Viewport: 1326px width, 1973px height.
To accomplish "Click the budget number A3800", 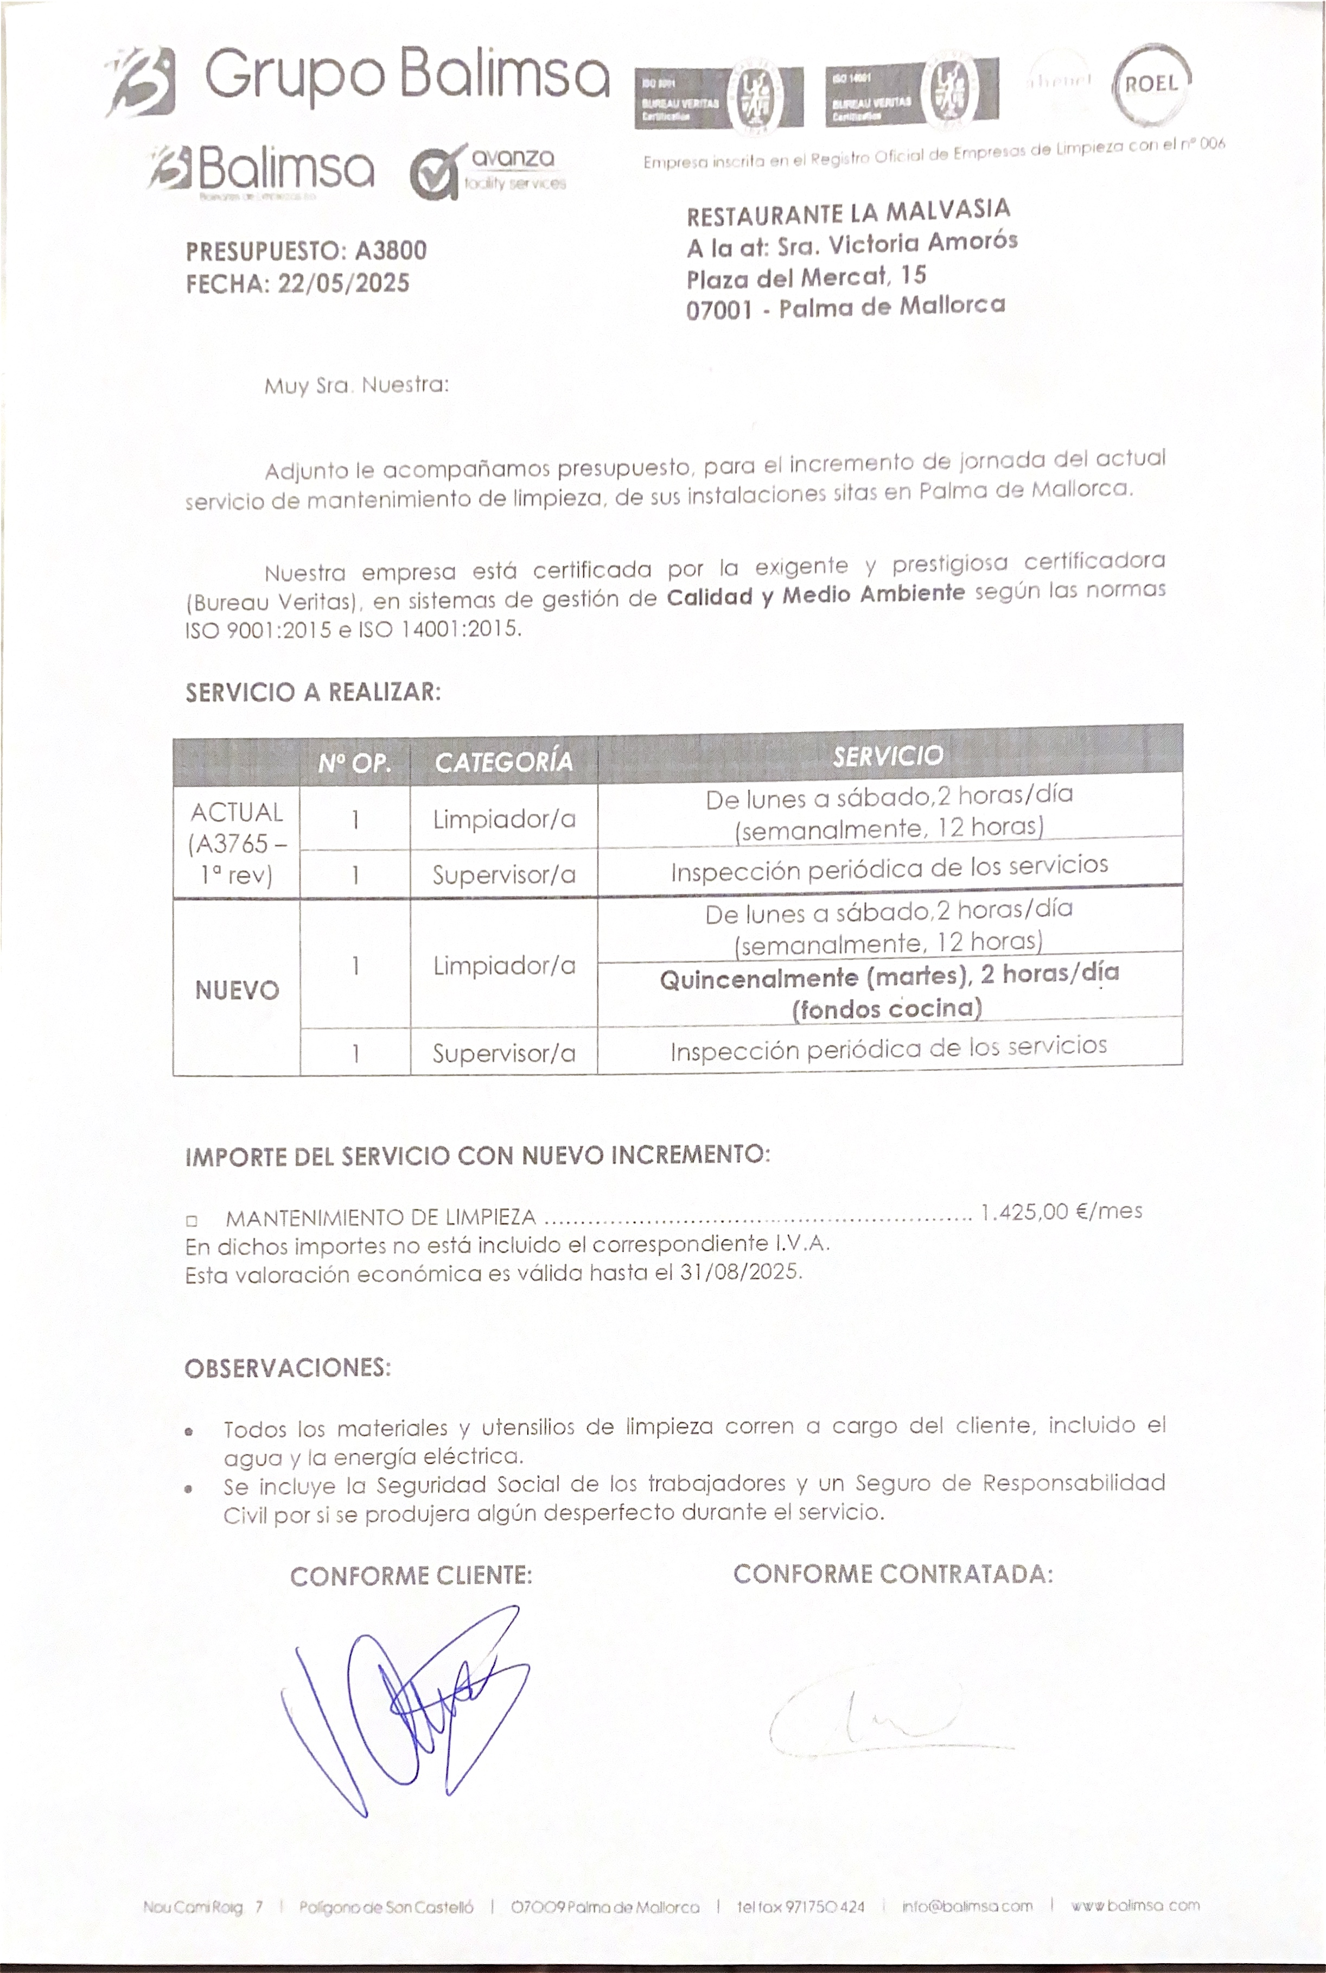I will [x=391, y=250].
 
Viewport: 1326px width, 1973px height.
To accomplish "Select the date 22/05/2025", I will [x=343, y=283].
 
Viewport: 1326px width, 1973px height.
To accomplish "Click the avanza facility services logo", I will [x=488, y=170].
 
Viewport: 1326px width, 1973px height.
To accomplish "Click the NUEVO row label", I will [x=237, y=991].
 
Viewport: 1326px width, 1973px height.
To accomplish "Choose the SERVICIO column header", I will [x=888, y=756].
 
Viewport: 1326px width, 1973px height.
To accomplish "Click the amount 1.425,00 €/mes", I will [x=1061, y=1211].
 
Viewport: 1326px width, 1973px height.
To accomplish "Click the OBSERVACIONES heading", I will [x=288, y=1368].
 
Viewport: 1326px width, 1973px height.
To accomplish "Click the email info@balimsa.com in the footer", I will [x=967, y=1906].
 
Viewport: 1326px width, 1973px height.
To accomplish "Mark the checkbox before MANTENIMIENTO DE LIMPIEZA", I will [x=192, y=1221].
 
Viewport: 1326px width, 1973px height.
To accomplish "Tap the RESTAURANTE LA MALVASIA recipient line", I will [x=848, y=212].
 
